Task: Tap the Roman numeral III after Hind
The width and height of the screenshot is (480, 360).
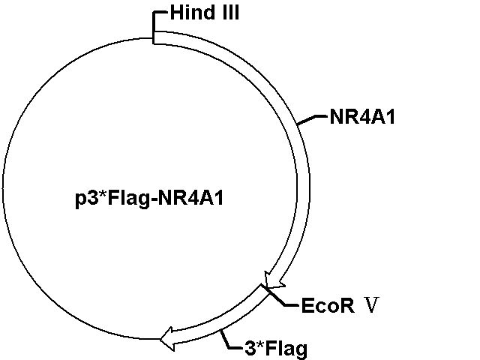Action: click(231, 13)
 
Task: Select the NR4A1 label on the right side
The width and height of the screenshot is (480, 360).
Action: click(362, 117)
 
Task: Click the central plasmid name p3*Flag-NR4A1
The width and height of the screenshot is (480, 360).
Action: click(149, 198)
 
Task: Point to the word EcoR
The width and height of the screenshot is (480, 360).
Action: click(328, 305)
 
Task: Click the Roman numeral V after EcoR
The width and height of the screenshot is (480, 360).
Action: click(372, 304)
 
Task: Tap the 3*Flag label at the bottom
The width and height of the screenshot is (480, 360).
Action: click(276, 348)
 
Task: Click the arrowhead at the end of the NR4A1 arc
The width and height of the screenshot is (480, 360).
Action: click(273, 280)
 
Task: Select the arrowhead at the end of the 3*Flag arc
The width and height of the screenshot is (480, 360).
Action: click(167, 338)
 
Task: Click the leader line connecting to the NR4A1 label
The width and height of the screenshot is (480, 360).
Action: click(312, 118)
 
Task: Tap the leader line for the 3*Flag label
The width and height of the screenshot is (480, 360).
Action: click(229, 341)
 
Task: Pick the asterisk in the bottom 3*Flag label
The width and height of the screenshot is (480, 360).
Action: click(259, 344)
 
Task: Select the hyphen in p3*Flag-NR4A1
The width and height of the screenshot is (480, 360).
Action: click(154, 200)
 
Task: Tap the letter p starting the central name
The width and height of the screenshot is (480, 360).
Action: click(80, 200)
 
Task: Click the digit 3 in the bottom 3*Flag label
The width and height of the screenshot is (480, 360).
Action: click(250, 348)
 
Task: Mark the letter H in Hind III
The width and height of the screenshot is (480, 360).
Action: click(177, 13)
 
